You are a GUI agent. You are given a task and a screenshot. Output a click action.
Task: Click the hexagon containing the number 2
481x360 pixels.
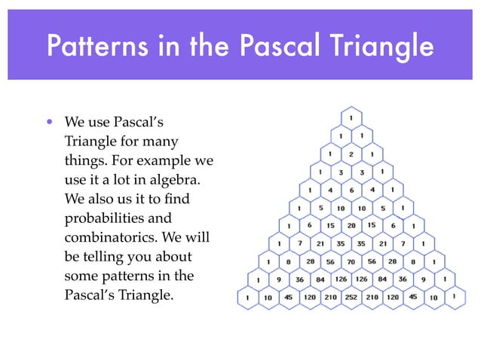pyautogui.click(x=351, y=154)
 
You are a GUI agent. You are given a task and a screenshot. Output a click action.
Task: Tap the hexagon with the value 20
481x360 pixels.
pyautogui.click(x=351, y=225)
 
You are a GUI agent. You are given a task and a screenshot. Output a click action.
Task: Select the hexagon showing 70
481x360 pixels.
pyautogui.click(x=351, y=261)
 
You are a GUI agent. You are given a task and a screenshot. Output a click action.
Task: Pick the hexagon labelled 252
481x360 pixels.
pyautogui.click(x=351, y=297)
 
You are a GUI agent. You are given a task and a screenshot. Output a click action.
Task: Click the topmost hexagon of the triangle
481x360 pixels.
pyautogui.click(x=351, y=118)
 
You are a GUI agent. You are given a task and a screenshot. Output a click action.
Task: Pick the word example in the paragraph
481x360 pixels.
pyautogui.click(x=170, y=160)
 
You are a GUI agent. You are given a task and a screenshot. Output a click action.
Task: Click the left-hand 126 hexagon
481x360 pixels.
pyautogui.click(x=341, y=279)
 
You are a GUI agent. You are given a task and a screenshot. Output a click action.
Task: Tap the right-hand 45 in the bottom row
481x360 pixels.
pyautogui.click(x=412, y=297)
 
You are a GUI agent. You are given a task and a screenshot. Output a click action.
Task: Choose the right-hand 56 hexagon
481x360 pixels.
pyautogui.click(x=371, y=261)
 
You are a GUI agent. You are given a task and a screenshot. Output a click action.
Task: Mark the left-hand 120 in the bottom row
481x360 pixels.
pyautogui.click(x=310, y=297)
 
